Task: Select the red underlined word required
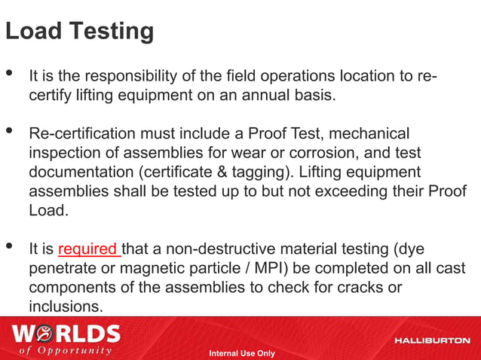coord(87,249)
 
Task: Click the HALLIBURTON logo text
coord(432,340)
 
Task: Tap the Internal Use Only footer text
coord(241,353)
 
